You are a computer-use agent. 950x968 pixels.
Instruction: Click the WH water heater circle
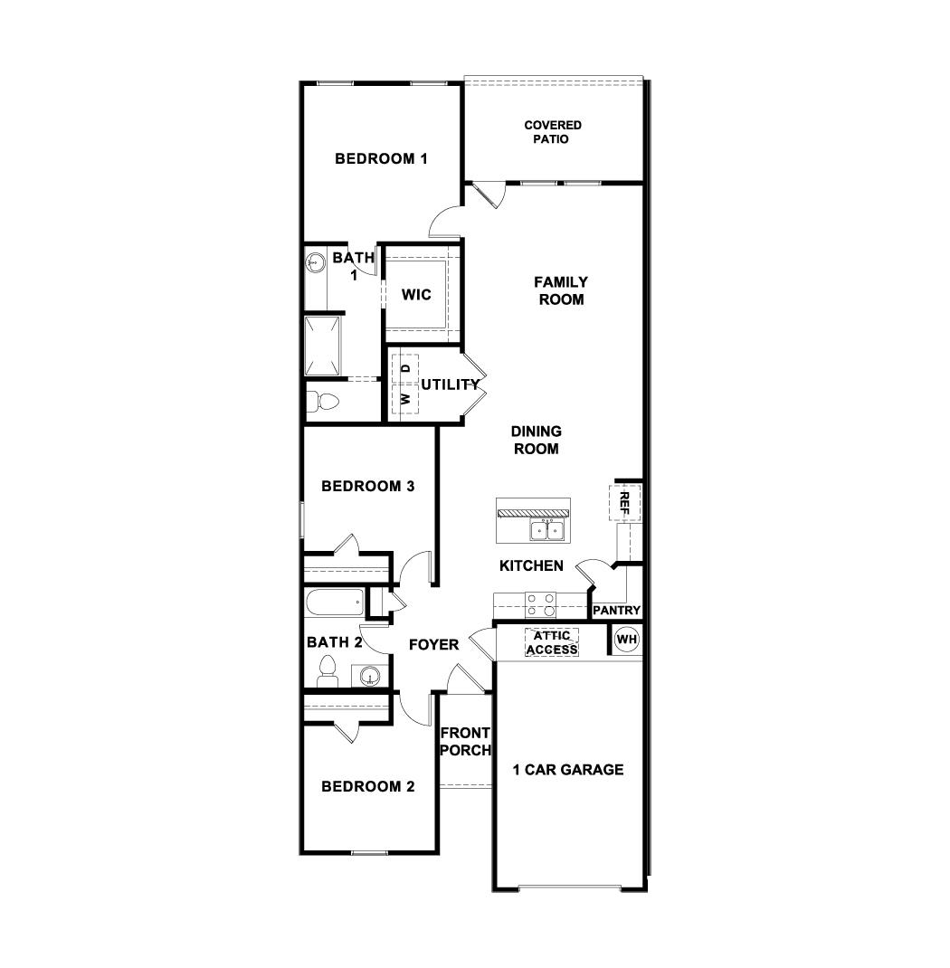tap(627, 641)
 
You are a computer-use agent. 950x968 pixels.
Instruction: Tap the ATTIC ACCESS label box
tap(551, 643)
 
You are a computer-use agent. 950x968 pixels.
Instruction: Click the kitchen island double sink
tap(547, 529)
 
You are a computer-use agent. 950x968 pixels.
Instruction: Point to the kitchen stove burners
tap(541, 603)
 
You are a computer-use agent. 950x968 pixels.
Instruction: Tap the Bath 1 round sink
tap(316, 263)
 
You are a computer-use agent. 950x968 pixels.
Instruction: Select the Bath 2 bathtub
tap(335, 601)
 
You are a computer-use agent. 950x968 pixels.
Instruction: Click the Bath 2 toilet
tap(328, 670)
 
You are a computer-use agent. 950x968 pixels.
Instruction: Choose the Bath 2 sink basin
tap(368, 675)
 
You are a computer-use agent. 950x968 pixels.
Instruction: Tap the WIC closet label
tap(416, 295)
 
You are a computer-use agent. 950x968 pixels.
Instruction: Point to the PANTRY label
tap(616, 611)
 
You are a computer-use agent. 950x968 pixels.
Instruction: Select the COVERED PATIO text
tap(553, 132)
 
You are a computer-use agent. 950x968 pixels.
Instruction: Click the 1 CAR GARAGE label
tap(568, 770)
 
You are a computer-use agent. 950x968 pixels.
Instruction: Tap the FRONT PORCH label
tap(465, 741)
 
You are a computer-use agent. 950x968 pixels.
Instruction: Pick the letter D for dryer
tap(406, 368)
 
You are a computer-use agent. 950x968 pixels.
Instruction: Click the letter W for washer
tap(406, 398)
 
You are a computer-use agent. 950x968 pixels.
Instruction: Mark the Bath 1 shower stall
tap(323, 346)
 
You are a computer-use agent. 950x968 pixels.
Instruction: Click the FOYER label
tap(433, 645)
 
